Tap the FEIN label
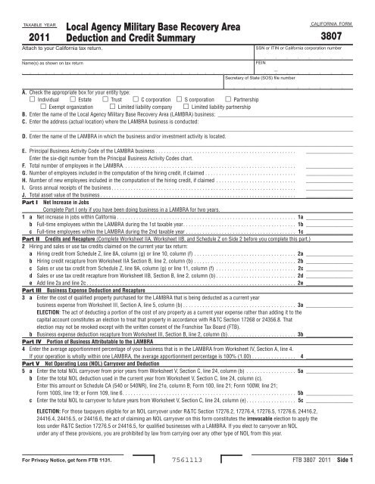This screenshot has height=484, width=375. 261,64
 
